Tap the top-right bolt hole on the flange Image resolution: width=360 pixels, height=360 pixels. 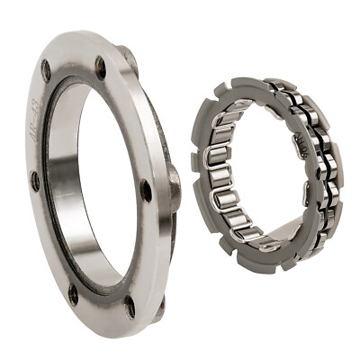pyautogui.click(x=101, y=64)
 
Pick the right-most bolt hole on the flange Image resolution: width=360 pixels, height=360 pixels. pyautogui.click(x=147, y=190)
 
